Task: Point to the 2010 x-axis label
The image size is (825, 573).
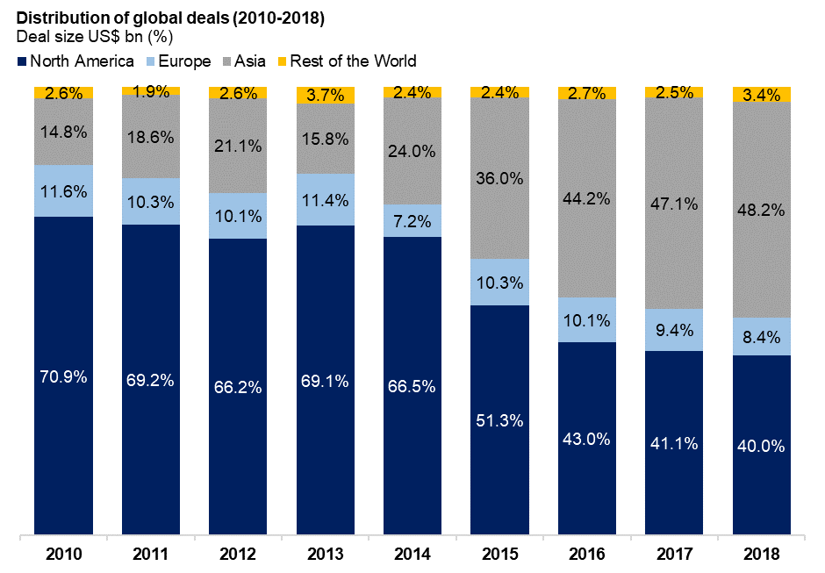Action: tap(63, 554)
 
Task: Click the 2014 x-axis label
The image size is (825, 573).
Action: tap(412, 554)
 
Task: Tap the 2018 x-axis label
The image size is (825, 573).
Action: tap(761, 554)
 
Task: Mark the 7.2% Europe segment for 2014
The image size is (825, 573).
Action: tap(412, 221)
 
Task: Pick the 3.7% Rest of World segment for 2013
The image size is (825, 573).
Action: tap(325, 96)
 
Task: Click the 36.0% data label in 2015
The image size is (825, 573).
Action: tap(499, 178)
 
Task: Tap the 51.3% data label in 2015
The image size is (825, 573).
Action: tap(499, 420)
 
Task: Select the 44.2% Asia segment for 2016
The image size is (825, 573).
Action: tap(586, 199)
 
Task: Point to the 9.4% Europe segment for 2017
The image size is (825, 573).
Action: tap(673, 330)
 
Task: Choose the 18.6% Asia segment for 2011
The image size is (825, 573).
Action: tap(150, 137)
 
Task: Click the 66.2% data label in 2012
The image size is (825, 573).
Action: tap(238, 387)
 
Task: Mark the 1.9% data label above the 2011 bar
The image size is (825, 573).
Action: tap(150, 90)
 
